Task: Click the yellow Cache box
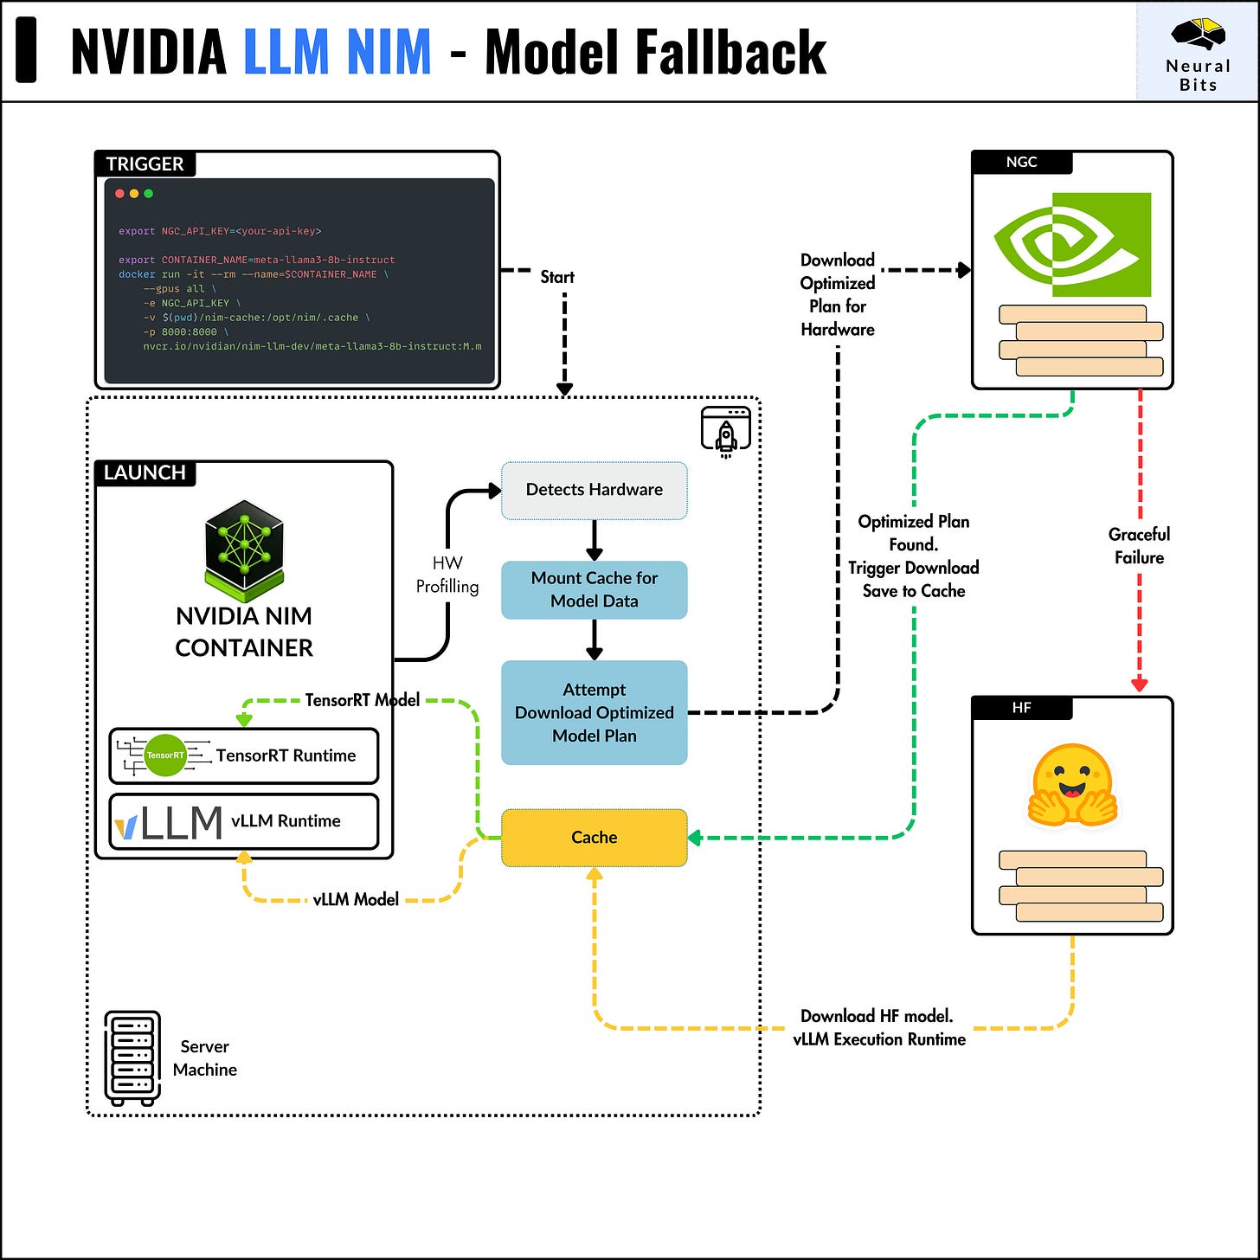coord(594,838)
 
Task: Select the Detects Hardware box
coord(594,491)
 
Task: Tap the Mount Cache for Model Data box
coord(594,590)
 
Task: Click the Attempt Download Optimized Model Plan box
coord(594,713)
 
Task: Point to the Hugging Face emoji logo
coord(1072,784)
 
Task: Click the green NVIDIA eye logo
coord(1072,245)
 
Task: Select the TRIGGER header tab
coord(145,164)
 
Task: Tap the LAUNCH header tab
coord(145,472)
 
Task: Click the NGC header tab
coord(1022,162)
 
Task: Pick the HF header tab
coord(1022,708)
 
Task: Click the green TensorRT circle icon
coord(164,755)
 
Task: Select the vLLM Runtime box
coord(244,821)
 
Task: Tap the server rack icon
coord(132,1058)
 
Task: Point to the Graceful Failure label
coord(1139,546)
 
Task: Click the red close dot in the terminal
coord(119,194)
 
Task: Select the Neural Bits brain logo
coord(1198,34)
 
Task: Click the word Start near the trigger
coord(557,277)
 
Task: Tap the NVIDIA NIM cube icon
coord(244,551)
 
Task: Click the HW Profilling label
coord(447,575)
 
